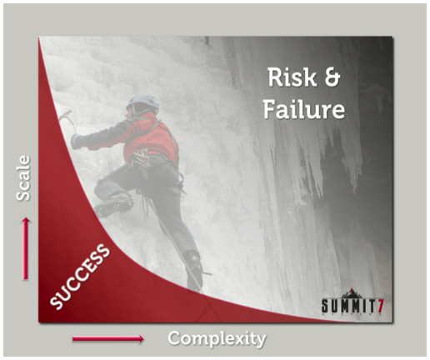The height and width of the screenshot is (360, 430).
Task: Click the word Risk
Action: pos(292,77)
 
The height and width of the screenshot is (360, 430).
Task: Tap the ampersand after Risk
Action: pos(332,77)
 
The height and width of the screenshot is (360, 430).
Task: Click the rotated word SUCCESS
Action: pos(80,277)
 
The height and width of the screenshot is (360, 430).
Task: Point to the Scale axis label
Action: pos(22,178)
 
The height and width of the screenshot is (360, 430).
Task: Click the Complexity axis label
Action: pos(217,339)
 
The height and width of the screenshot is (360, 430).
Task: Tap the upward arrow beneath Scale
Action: pos(26,248)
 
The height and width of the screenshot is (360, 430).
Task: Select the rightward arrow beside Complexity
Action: pos(108,338)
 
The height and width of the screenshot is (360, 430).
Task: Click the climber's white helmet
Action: pos(142,102)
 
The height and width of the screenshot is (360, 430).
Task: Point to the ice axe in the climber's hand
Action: pos(68,120)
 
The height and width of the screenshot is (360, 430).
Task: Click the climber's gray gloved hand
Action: pos(76,142)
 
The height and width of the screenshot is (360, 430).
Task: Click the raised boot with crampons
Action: pos(113,205)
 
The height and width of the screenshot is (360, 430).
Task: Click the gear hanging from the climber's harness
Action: pos(140,159)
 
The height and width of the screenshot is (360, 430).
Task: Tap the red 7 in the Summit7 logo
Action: pos(381,306)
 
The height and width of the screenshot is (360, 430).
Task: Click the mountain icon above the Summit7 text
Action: pos(352,293)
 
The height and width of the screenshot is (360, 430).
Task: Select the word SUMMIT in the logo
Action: pos(349,306)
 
